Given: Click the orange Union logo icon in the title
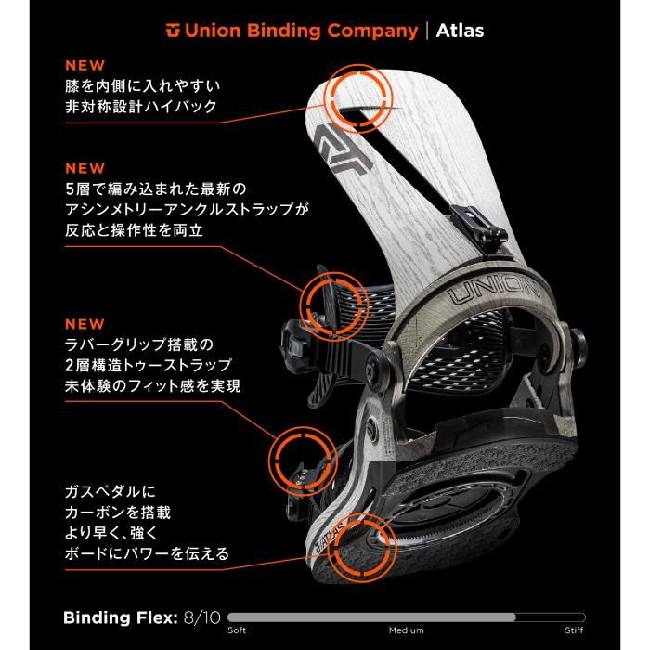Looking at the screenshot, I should click(172, 32).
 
